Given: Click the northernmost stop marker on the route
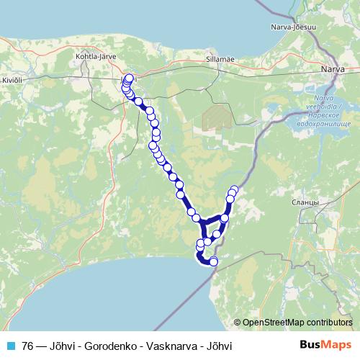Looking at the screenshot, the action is click(130, 78).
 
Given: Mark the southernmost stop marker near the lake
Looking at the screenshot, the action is click(213, 261).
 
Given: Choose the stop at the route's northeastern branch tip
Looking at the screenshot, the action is click(234, 190).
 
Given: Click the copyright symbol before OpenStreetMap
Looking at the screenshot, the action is click(237, 323).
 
